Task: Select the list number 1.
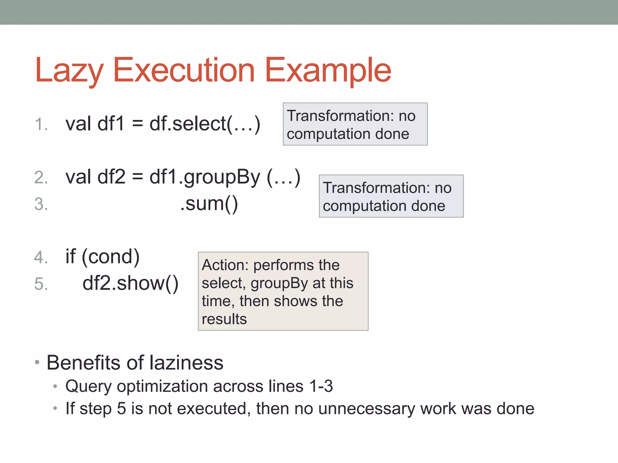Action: click(41, 124)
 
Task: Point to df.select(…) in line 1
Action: click(205, 124)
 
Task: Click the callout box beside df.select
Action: click(355, 124)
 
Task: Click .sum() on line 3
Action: click(209, 204)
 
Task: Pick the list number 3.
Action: click(41, 204)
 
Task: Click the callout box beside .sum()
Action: click(391, 196)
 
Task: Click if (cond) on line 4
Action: click(102, 257)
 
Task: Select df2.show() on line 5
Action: click(130, 283)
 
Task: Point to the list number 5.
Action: click(41, 284)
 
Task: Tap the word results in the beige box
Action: click(224, 319)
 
